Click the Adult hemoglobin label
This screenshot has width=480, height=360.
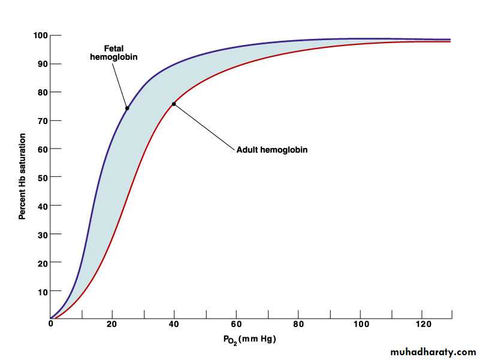(272, 150)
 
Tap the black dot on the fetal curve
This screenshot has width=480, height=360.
(127, 108)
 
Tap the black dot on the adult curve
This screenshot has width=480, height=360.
(174, 104)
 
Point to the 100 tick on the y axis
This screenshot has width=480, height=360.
(53, 35)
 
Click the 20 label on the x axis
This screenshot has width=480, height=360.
(112, 325)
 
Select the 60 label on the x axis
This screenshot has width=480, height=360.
(236, 325)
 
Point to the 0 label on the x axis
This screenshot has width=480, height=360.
(51, 325)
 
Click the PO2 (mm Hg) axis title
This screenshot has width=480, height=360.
(250, 340)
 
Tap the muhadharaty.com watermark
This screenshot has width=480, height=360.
(433, 352)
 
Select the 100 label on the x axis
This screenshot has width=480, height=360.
(360, 325)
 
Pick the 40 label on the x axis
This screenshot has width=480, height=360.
(174, 325)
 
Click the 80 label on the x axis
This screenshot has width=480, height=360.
(298, 325)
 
